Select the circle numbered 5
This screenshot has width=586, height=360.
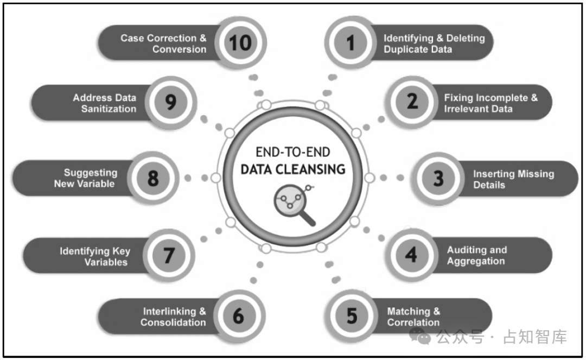point(352,316)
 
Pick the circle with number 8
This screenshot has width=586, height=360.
point(153,178)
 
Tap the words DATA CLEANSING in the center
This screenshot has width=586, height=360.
point(293,169)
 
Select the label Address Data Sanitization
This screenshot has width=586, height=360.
point(105,103)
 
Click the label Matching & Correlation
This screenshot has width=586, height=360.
point(413,317)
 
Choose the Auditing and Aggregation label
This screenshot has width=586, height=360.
point(476,255)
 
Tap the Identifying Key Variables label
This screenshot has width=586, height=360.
point(95,256)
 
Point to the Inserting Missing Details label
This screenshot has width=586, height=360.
point(513,179)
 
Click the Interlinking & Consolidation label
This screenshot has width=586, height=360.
point(174,317)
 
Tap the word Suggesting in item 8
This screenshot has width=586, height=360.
point(91,173)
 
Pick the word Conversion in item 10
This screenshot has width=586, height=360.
point(179,49)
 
